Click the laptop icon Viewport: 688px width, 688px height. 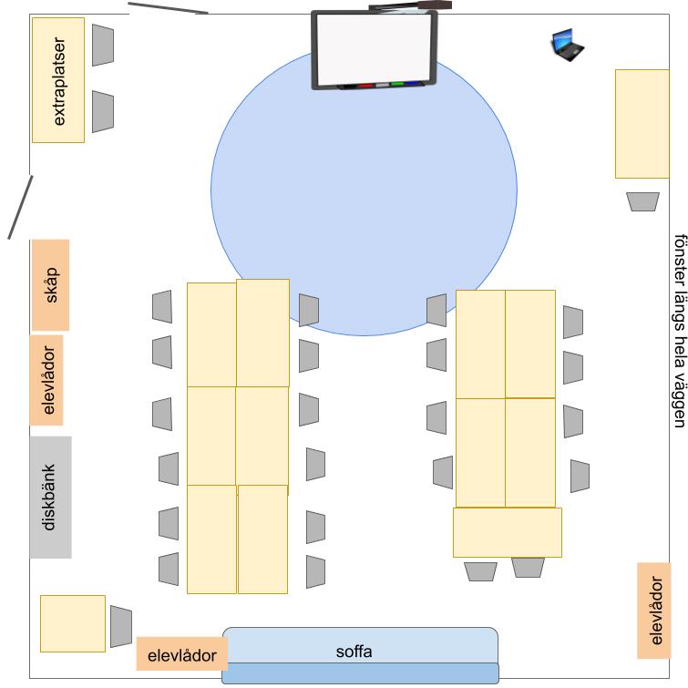[568, 45]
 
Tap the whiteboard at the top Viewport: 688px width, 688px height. [374, 50]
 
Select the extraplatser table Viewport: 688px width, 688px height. [58, 80]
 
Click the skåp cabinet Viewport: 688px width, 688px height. [50, 284]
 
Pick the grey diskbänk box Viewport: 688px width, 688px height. [51, 498]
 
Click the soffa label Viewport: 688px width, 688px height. [354, 652]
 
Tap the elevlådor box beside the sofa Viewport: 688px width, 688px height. [182, 653]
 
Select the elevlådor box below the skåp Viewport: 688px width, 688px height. [46, 380]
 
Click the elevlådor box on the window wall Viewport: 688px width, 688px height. [653, 611]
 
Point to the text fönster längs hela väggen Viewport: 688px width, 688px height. [680, 331]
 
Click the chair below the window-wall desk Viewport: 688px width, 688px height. [642, 201]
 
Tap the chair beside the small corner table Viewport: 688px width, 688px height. [120, 627]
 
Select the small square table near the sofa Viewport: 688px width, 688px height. [73, 623]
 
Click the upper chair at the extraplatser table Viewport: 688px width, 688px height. [103, 46]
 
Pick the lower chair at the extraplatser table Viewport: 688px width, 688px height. [103, 112]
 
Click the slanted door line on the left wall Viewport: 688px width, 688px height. [20, 208]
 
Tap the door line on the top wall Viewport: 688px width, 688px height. [168, 8]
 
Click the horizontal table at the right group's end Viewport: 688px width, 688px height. [508, 532]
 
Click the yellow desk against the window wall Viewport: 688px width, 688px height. [642, 124]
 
